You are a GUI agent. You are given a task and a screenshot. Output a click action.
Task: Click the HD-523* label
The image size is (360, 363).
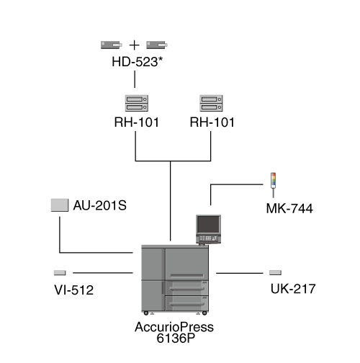(138, 62)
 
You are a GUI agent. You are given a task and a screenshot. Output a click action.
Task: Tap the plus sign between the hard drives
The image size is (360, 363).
(135, 45)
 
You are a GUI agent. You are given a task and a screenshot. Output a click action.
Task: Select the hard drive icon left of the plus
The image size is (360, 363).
(112, 45)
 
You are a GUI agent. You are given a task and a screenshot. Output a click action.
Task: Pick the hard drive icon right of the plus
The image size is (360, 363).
(157, 45)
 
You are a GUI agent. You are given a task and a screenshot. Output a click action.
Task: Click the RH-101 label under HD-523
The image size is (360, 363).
(137, 122)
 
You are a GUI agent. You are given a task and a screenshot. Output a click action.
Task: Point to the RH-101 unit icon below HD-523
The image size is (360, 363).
(137, 103)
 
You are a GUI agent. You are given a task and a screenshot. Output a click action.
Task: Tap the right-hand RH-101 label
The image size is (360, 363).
(212, 122)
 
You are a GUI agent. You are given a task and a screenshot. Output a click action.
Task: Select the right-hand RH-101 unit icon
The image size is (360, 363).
(211, 103)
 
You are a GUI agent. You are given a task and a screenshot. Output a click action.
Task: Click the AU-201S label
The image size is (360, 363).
(100, 205)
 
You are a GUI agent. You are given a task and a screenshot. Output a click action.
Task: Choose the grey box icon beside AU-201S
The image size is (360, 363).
(60, 205)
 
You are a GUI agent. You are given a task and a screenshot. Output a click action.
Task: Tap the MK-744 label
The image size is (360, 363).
(289, 208)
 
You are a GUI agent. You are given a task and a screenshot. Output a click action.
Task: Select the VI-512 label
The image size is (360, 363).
(74, 290)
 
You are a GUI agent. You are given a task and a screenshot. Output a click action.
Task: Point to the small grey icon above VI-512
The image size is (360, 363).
(60, 273)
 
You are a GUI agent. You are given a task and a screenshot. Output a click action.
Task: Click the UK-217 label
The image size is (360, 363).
(293, 289)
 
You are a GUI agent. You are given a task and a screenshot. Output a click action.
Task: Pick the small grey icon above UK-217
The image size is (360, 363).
(275, 272)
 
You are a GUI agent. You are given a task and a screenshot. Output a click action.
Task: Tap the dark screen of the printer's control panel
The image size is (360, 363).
(208, 225)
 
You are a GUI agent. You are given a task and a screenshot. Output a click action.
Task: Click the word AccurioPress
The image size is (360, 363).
(174, 327)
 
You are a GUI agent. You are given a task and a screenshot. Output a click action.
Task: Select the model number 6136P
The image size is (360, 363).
(176, 339)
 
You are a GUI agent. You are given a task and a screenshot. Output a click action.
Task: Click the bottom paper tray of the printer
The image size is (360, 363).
(186, 303)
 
